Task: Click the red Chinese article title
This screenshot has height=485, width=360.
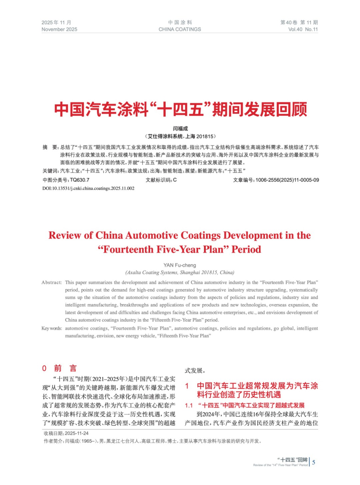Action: (180, 109)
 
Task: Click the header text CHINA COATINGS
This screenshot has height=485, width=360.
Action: (180, 29)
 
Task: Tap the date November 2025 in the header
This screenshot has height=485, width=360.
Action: (59, 29)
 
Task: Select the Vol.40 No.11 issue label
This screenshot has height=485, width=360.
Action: (303, 29)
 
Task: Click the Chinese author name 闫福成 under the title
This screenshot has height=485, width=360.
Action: (180, 129)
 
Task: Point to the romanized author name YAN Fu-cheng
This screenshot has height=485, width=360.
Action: (180, 265)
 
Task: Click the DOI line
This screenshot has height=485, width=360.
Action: (88, 188)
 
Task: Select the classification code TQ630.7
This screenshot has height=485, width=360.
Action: (80, 180)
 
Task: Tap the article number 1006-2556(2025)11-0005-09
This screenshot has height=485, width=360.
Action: (287, 180)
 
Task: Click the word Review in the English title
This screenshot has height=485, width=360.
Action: (65, 235)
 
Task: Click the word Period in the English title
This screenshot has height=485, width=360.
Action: (246, 249)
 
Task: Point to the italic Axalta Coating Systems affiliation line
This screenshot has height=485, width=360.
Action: (180, 272)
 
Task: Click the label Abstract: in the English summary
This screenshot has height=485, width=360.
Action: (52, 282)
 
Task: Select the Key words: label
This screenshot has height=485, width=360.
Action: (52, 328)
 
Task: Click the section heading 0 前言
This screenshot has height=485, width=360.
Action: (59, 368)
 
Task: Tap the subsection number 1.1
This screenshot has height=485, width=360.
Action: (189, 405)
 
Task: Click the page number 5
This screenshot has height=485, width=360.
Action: (314, 462)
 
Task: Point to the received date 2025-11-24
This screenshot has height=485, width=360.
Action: (77, 433)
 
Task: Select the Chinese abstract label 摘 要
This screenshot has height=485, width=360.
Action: (50, 147)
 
